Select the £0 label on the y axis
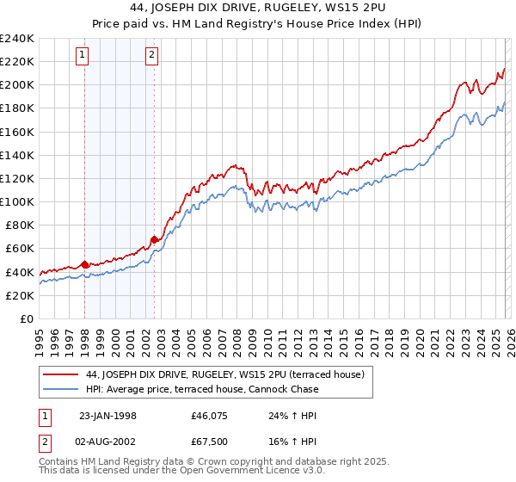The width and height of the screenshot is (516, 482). (26, 318)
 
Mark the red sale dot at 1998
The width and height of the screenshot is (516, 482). (85, 264)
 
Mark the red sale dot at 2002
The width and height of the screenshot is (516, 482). (154, 239)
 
